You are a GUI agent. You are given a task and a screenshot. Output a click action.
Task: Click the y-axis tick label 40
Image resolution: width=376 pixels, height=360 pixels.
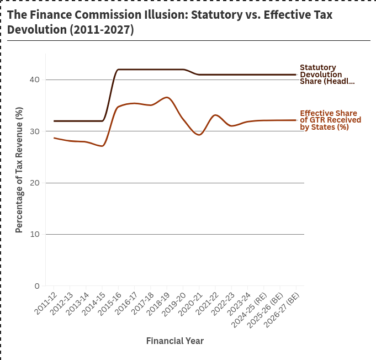click(35, 80)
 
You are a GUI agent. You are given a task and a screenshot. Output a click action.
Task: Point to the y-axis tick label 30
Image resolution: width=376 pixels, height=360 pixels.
click(35, 131)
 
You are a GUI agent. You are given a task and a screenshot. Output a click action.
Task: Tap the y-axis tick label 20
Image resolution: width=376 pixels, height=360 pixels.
click(35, 183)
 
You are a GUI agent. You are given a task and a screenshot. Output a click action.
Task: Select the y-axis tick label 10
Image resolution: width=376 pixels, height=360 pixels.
click(35, 235)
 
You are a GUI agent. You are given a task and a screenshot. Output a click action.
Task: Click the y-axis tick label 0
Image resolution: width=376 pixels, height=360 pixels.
click(37, 286)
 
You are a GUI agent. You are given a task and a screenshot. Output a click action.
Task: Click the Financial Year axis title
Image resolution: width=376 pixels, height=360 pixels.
click(174, 341)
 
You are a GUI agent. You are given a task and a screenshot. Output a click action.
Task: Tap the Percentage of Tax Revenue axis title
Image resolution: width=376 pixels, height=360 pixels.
click(19, 170)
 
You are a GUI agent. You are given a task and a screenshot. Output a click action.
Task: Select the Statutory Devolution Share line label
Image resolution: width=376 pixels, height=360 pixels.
click(327, 75)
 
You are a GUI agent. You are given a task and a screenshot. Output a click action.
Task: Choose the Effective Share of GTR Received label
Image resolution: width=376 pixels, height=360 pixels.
click(330, 120)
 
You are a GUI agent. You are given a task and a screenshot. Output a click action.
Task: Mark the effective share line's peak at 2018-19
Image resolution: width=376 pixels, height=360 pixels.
click(167, 98)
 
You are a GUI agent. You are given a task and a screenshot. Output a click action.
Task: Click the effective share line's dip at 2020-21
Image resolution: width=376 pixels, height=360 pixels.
click(199, 135)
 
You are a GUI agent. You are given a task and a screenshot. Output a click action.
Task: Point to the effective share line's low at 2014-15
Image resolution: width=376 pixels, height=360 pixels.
click(103, 146)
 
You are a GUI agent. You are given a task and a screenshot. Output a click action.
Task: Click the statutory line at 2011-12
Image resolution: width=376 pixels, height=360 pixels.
click(54, 121)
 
